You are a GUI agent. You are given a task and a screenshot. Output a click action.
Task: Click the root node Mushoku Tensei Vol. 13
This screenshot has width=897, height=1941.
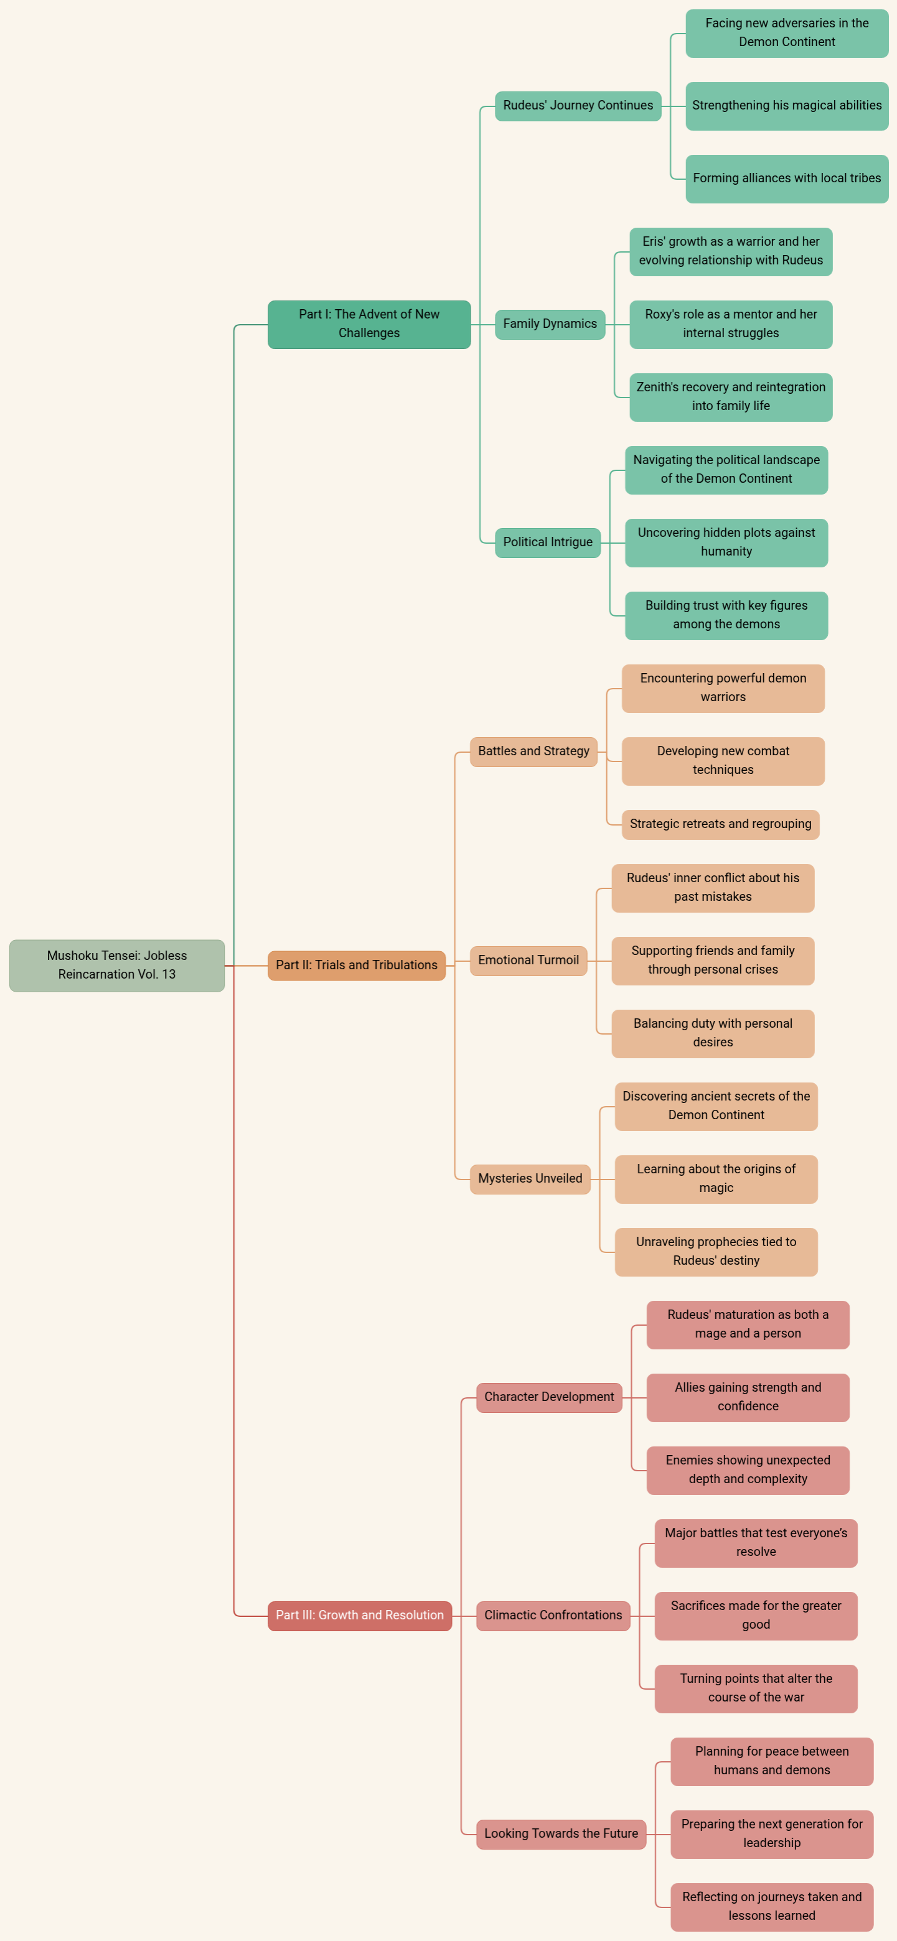pyautogui.click(x=117, y=966)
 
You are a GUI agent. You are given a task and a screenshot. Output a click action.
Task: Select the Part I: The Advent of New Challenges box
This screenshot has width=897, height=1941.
pyautogui.click(x=369, y=324)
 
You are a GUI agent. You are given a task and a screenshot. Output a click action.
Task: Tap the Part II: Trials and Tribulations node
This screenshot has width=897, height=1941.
pyautogui.click(x=357, y=966)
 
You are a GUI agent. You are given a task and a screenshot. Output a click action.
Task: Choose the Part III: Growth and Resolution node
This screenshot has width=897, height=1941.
pyautogui.click(x=360, y=1616)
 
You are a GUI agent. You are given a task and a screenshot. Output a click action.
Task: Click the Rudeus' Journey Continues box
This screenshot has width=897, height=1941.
pyautogui.click(x=578, y=106)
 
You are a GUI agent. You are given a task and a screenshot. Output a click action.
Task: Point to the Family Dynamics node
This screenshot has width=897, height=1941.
pyautogui.click(x=550, y=324)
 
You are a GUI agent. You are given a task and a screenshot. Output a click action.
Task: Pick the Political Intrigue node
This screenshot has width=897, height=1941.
pyautogui.click(x=548, y=542)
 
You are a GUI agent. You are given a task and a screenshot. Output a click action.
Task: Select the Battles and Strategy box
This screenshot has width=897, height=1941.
pyautogui.click(x=533, y=752)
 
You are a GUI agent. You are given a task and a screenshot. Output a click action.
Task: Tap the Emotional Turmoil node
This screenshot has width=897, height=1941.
pyautogui.click(x=528, y=961)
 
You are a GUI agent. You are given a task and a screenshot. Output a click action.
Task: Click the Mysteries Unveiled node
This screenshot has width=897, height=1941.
pyautogui.click(x=530, y=1178)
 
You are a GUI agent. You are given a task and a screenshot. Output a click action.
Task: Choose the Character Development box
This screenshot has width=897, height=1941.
pyautogui.click(x=550, y=1397)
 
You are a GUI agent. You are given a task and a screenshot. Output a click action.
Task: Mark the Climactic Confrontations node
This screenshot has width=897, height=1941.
pyautogui.click(x=553, y=1616)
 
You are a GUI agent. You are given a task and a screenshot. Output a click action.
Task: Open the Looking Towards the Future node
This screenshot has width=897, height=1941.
pyautogui.click(x=561, y=1834)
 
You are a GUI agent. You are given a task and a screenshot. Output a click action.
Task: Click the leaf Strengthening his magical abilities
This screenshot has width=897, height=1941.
pyautogui.click(x=787, y=106)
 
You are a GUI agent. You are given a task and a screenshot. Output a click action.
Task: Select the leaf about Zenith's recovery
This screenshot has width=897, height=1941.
pyautogui.click(x=731, y=397)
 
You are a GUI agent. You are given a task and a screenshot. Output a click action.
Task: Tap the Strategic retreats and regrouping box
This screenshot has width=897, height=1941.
pyautogui.click(x=721, y=824)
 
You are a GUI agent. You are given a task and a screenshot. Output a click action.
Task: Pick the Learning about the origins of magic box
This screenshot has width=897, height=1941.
pyautogui.click(x=716, y=1178)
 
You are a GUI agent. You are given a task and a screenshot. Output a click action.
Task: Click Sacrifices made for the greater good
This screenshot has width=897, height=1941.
pyautogui.click(x=756, y=1616)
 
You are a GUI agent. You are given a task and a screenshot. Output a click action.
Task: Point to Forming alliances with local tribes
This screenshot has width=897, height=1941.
pyautogui.click(x=787, y=179)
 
